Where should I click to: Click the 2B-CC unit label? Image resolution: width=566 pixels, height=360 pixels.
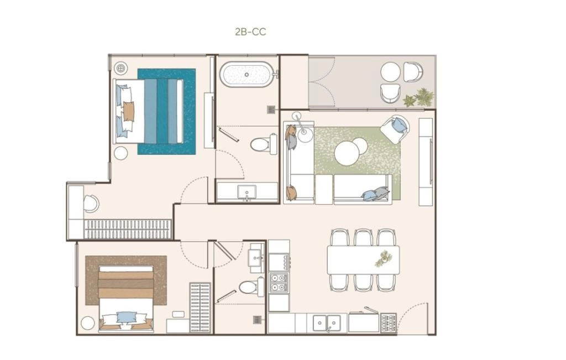click(x=250, y=32)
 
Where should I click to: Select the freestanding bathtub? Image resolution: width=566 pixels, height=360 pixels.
click(x=247, y=75)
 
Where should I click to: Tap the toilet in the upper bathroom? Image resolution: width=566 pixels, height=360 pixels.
click(x=264, y=144)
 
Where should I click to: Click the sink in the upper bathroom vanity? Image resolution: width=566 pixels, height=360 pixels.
click(x=247, y=192)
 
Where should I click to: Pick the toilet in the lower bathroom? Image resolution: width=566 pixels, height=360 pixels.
click(x=252, y=287)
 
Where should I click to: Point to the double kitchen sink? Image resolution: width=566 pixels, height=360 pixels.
click(x=327, y=322)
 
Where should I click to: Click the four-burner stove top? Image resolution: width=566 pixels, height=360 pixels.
click(x=279, y=283)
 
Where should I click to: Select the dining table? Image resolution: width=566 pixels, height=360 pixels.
click(x=363, y=259)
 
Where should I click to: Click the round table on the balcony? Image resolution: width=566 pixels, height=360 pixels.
click(x=390, y=72)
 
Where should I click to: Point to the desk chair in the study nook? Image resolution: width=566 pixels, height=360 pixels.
click(x=91, y=204)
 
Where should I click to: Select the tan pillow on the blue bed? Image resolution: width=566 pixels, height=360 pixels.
click(x=128, y=111)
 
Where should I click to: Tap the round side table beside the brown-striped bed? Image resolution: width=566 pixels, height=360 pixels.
click(x=88, y=323)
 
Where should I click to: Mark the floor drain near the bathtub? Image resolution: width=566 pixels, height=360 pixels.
click(x=271, y=109)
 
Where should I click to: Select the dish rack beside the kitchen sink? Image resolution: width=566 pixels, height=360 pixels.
click(x=388, y=322)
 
